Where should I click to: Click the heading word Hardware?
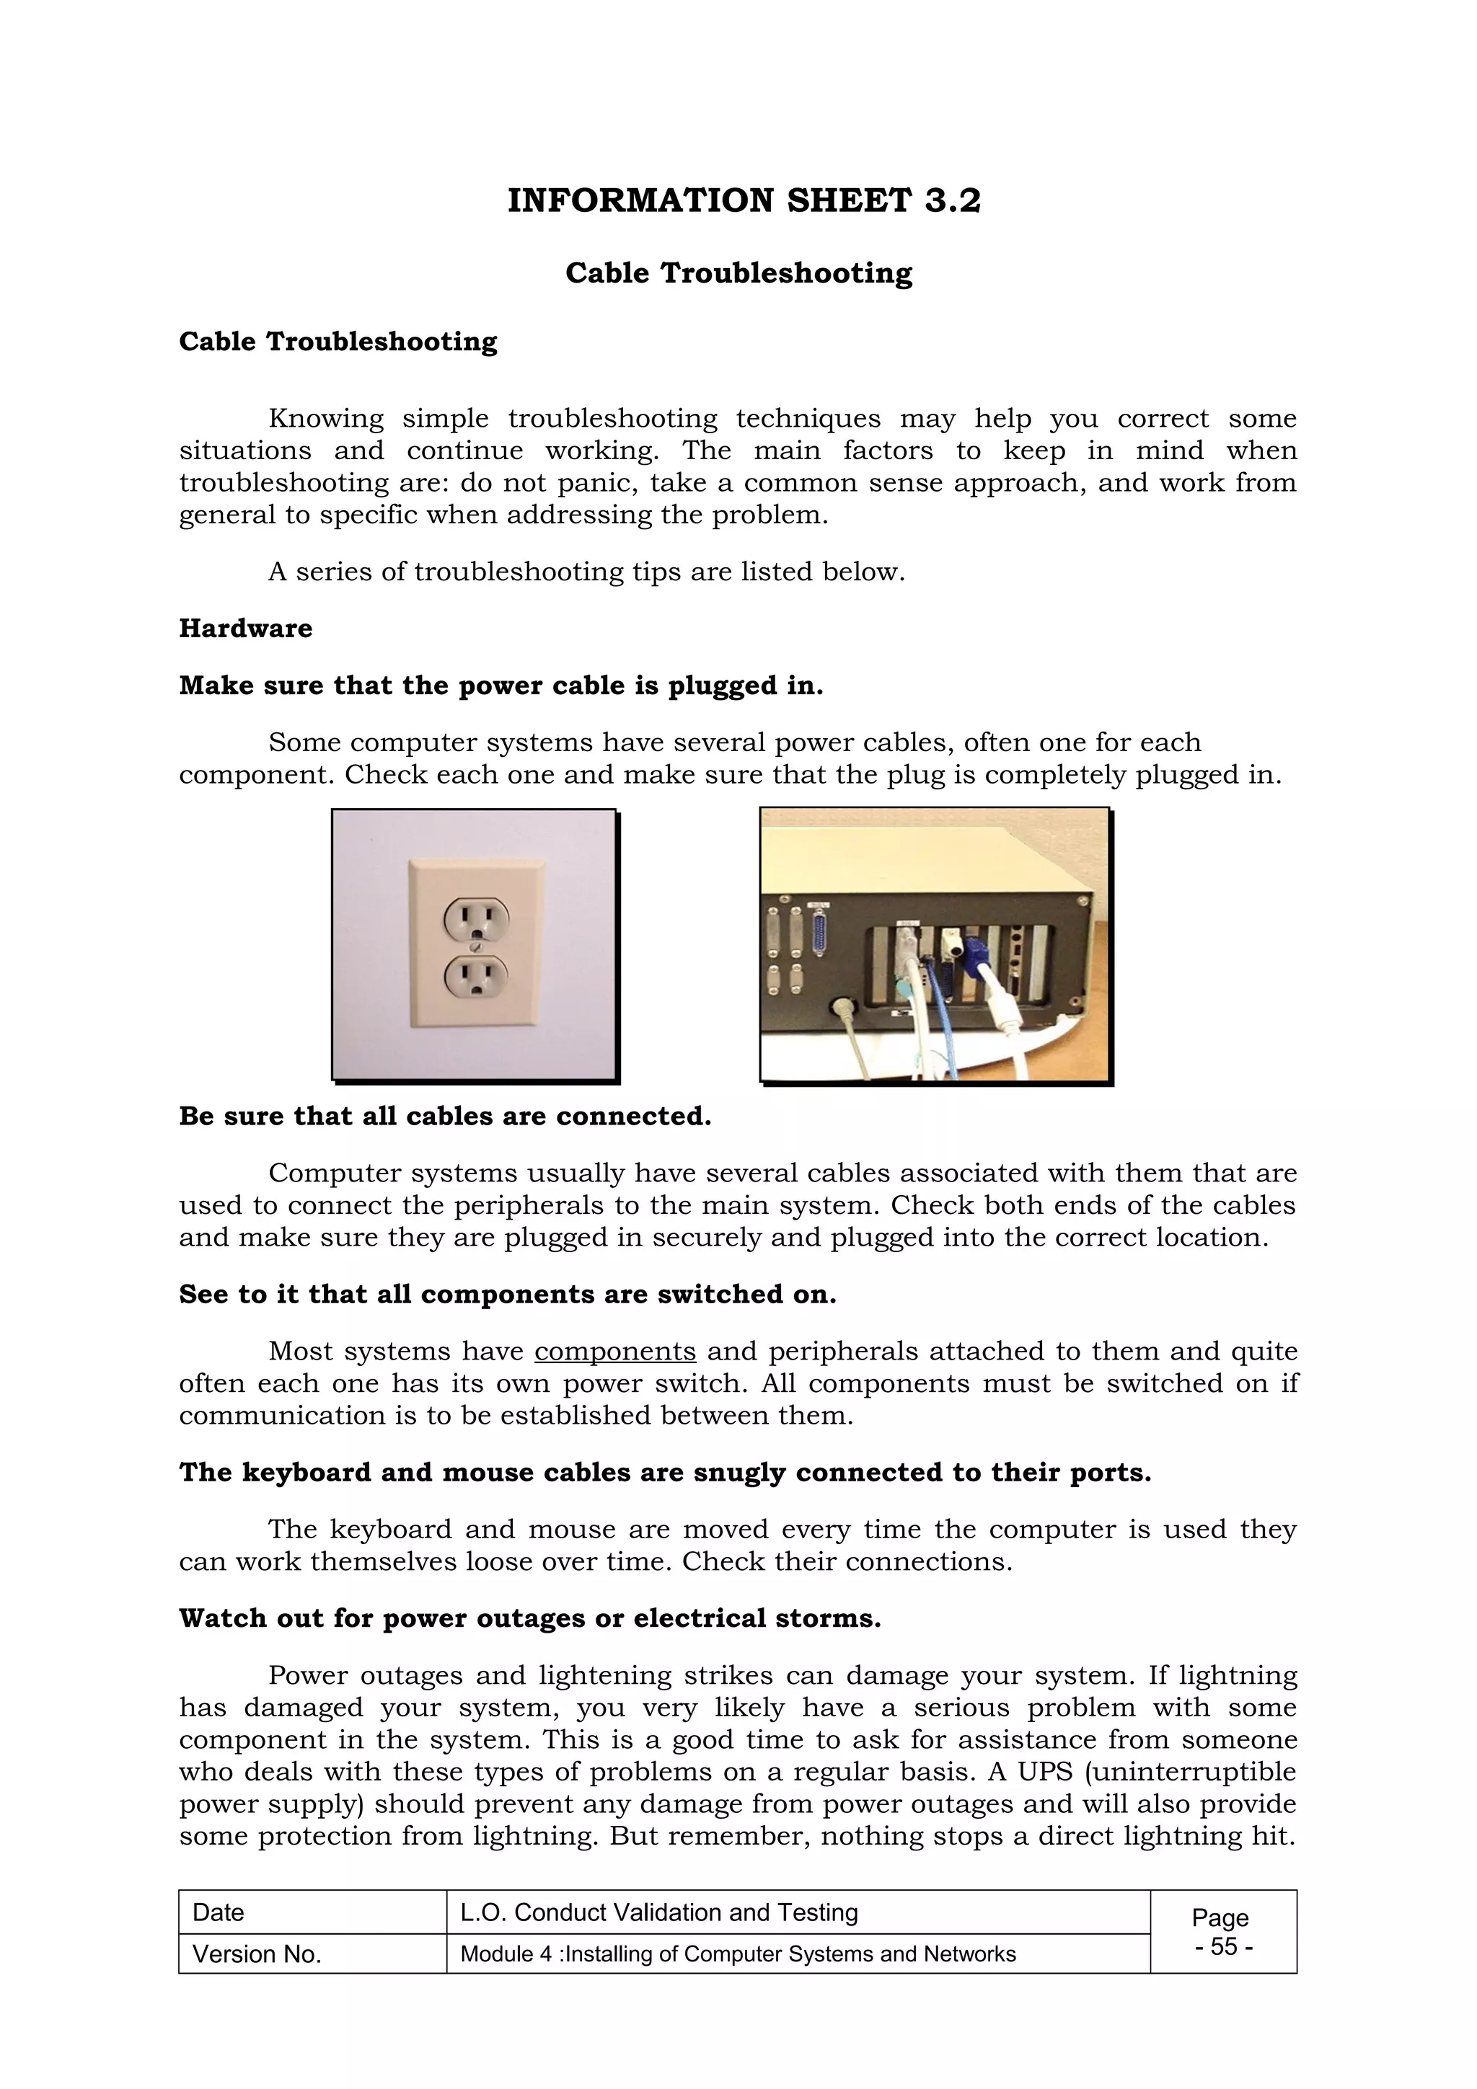click(x=246, y=629)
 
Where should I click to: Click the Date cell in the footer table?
click(x=219, y=1912)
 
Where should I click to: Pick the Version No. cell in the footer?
click(x=257, y=1954)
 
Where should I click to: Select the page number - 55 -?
click(x=1223, y=1947)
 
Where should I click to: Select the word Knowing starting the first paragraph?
click(x=326, y=419)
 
